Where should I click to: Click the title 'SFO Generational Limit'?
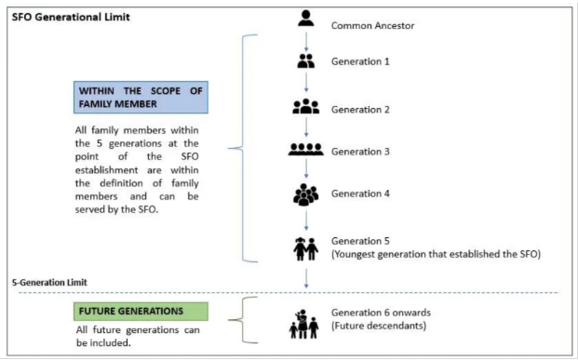[x=71, y=18]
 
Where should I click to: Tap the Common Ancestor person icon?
[x=306, y=19]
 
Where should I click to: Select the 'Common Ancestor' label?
[x=372, y=26]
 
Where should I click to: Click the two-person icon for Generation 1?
[x=306, y=61]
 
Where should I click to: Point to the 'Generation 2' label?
[x=360, y=110]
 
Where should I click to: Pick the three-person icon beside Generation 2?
[x=306, y=106]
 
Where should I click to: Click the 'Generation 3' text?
[x=360, y=152]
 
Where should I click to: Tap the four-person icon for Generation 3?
[x=306, y=149]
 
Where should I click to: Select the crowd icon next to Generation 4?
[x=306, y=194]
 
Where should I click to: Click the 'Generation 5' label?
[x=360, y=241]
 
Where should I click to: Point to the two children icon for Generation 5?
[x=306, y=249]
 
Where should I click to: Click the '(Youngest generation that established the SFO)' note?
[x=436, y=254]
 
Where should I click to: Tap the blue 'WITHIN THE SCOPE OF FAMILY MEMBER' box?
[x=141, y=98]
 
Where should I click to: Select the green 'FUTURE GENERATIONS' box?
[x=141, y=312]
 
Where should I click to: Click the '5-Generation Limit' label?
[x=49, y=283]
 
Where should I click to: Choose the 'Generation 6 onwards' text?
[x=381, y=313]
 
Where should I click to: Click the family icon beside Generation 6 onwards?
[x=304, y=324]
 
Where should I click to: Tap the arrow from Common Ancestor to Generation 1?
[x=306, y=42]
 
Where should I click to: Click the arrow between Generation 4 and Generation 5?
[x=306, y=220]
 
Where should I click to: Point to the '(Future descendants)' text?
[x=379, y=326]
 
